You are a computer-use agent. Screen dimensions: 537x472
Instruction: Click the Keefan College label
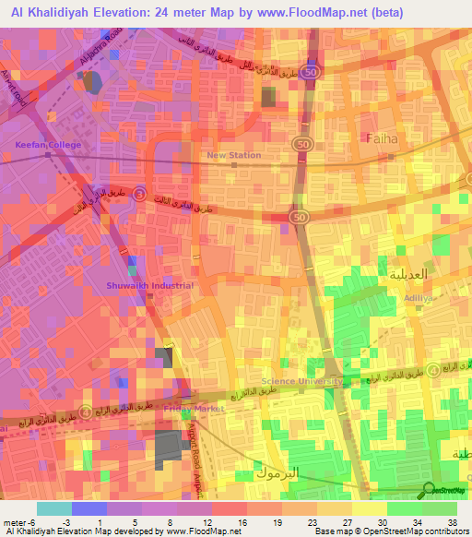coord(48,145)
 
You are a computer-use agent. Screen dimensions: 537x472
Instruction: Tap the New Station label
coord(234,155)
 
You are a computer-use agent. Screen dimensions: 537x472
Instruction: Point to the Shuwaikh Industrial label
coord(149,286)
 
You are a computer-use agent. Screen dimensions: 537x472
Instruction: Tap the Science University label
coord(301,381)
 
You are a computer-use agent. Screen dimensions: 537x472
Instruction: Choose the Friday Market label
coord(195,408)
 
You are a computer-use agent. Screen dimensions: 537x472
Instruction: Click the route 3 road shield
coord(138,194)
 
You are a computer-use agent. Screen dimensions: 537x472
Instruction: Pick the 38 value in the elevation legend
coord(451,523)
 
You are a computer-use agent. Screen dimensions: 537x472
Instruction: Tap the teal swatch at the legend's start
coord(53,508)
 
